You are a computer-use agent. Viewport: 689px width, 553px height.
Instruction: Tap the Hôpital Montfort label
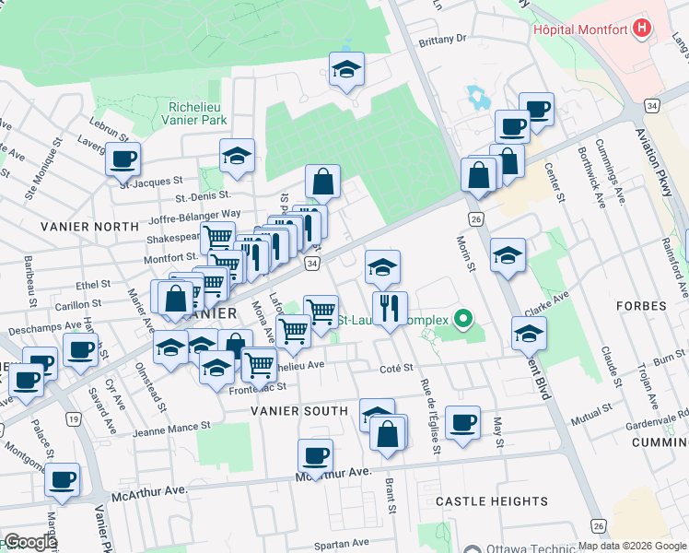click(579, 29)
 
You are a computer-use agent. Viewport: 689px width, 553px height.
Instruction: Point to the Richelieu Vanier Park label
click(193, 112)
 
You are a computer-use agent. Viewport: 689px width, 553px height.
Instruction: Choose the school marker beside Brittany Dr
click(346, 71)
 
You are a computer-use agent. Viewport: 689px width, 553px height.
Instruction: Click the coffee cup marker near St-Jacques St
click(123, 160)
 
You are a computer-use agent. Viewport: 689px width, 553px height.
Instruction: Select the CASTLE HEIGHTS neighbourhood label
click(492, 501)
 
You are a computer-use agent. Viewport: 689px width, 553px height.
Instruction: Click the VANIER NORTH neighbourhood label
click(76, 226)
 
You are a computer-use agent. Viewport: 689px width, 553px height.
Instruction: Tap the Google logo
click(29, 543)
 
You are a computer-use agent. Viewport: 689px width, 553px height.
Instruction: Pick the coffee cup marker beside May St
click(463, 424)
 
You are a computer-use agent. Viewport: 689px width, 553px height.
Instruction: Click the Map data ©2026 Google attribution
click(632, 546)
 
